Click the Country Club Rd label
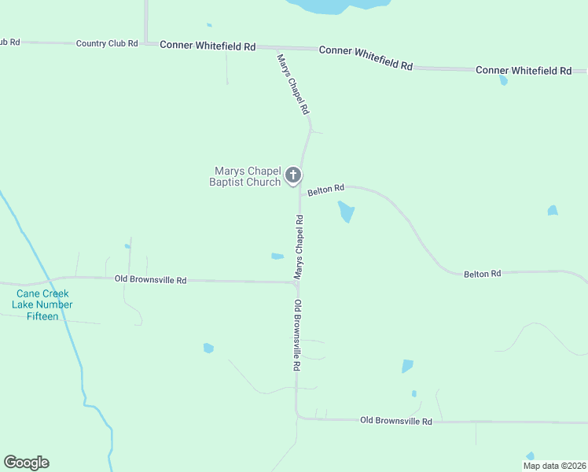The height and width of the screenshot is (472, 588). pyautogui.click(x=107, y=43)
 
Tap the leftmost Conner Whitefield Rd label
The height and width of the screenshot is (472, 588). pyautogui.click(x=208, y=46)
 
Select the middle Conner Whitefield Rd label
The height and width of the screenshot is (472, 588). pyautogui.click(x=366, y=57)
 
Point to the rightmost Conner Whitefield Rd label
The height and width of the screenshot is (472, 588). pyautogui.click(x=524, y=71)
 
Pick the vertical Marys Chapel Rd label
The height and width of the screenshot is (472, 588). pyautogui.click(x=299, y=245)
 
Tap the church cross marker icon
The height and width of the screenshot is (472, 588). pyautogui.click(x=293, y=175)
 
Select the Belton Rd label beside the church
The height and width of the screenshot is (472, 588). pyautogui.click(x=326, y=190)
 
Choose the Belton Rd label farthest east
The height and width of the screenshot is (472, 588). pyautogui.click(x=482, y=274)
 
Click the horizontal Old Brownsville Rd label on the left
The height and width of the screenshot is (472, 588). pyautogui.click(x=150, y=279)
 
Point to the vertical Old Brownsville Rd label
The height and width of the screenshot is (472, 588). pyautogui.click(x=298, y=335)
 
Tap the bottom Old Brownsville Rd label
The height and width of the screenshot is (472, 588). pyautogui.click(x=396, y=422)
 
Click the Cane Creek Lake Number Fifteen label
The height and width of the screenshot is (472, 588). pyautogui.click(x=44, y=305)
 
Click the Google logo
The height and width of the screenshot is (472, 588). pyautogui.click(x=27, y=463)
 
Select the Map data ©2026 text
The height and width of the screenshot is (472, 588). pyautogui.click(x=553, y=466)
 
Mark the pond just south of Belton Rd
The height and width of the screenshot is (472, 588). pyautogui.click(x=346, y=212)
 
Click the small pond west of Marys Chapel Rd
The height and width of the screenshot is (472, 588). pyautogui.click(x=277, y=256)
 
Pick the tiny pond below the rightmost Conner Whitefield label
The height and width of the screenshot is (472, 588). pyautogui.click(x=503, y=80)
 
